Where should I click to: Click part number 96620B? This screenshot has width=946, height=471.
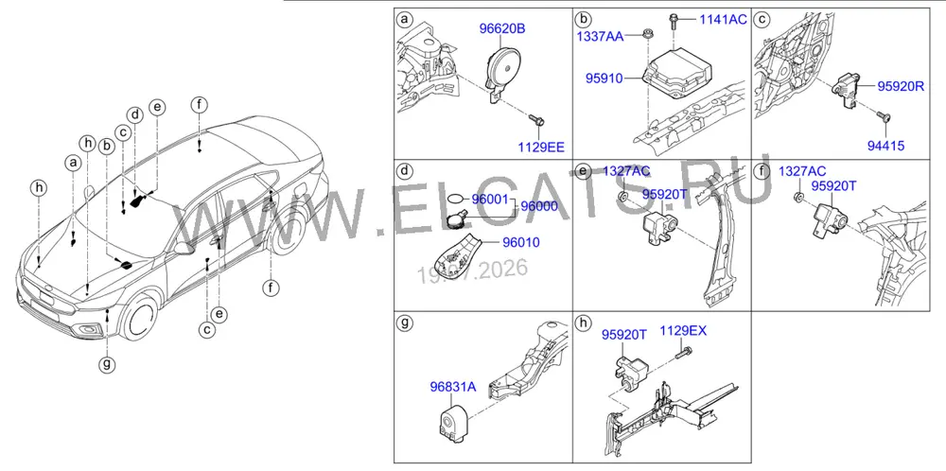[x=502, y=28]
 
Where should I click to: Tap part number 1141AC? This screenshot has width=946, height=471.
[x=723, y=19]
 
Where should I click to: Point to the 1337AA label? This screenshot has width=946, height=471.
[x=601, y=37]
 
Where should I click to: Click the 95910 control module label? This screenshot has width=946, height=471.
[x=604, y=78]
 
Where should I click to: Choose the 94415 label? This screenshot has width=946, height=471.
[x=885, y=146]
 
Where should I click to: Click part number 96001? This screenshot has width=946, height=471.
[x=490, y=199]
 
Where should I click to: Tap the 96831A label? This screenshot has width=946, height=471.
[x=452, y=387]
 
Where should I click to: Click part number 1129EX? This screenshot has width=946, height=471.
[x=683, y=330]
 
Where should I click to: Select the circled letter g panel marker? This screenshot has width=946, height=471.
[x=404, y=323]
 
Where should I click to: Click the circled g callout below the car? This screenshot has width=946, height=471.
[x=108, y=363]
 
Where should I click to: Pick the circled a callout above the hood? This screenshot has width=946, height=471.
[x=74, y=163]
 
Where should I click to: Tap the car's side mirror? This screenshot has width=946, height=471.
[x=182, y=248]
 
